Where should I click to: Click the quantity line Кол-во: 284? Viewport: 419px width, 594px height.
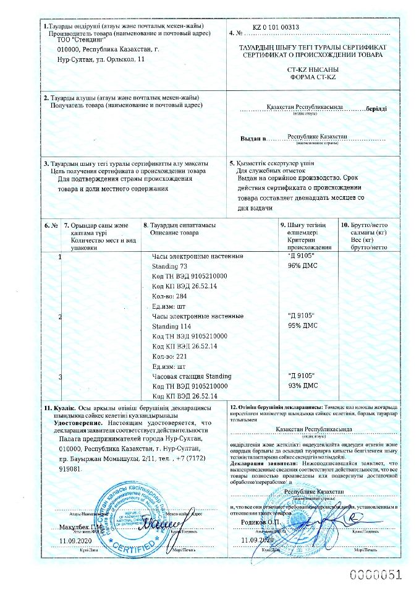169,296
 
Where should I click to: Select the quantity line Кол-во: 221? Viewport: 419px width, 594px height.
169,356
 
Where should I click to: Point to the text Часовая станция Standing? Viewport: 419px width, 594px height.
192,376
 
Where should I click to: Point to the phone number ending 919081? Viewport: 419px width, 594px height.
70,470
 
